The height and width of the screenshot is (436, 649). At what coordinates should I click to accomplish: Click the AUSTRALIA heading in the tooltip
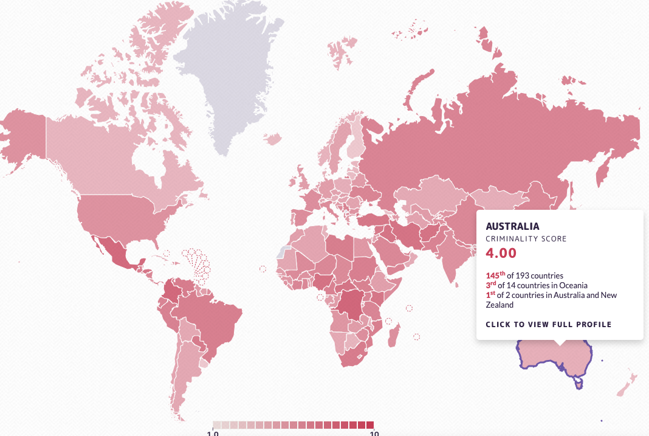tap(512, 226)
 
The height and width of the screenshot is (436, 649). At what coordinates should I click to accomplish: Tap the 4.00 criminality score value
tap(501, 253)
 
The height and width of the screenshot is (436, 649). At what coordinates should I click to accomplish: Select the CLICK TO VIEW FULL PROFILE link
tap(548, 324)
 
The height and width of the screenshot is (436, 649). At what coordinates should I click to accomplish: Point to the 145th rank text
tap(496, 275)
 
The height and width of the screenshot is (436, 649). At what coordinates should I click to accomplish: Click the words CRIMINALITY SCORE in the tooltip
tap(526, 239)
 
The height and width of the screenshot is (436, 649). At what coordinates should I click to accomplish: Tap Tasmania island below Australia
tap(579, 383)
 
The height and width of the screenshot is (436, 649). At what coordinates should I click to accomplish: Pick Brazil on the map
tap(213, 316)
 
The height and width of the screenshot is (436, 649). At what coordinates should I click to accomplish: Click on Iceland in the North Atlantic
tap(273, 139)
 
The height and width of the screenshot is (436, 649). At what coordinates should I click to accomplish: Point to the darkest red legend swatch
tap(369, 425)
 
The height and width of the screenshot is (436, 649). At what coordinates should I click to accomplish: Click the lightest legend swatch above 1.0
tap(217, 425)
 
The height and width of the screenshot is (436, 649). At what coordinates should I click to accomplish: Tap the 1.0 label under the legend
tap(213, 433)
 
